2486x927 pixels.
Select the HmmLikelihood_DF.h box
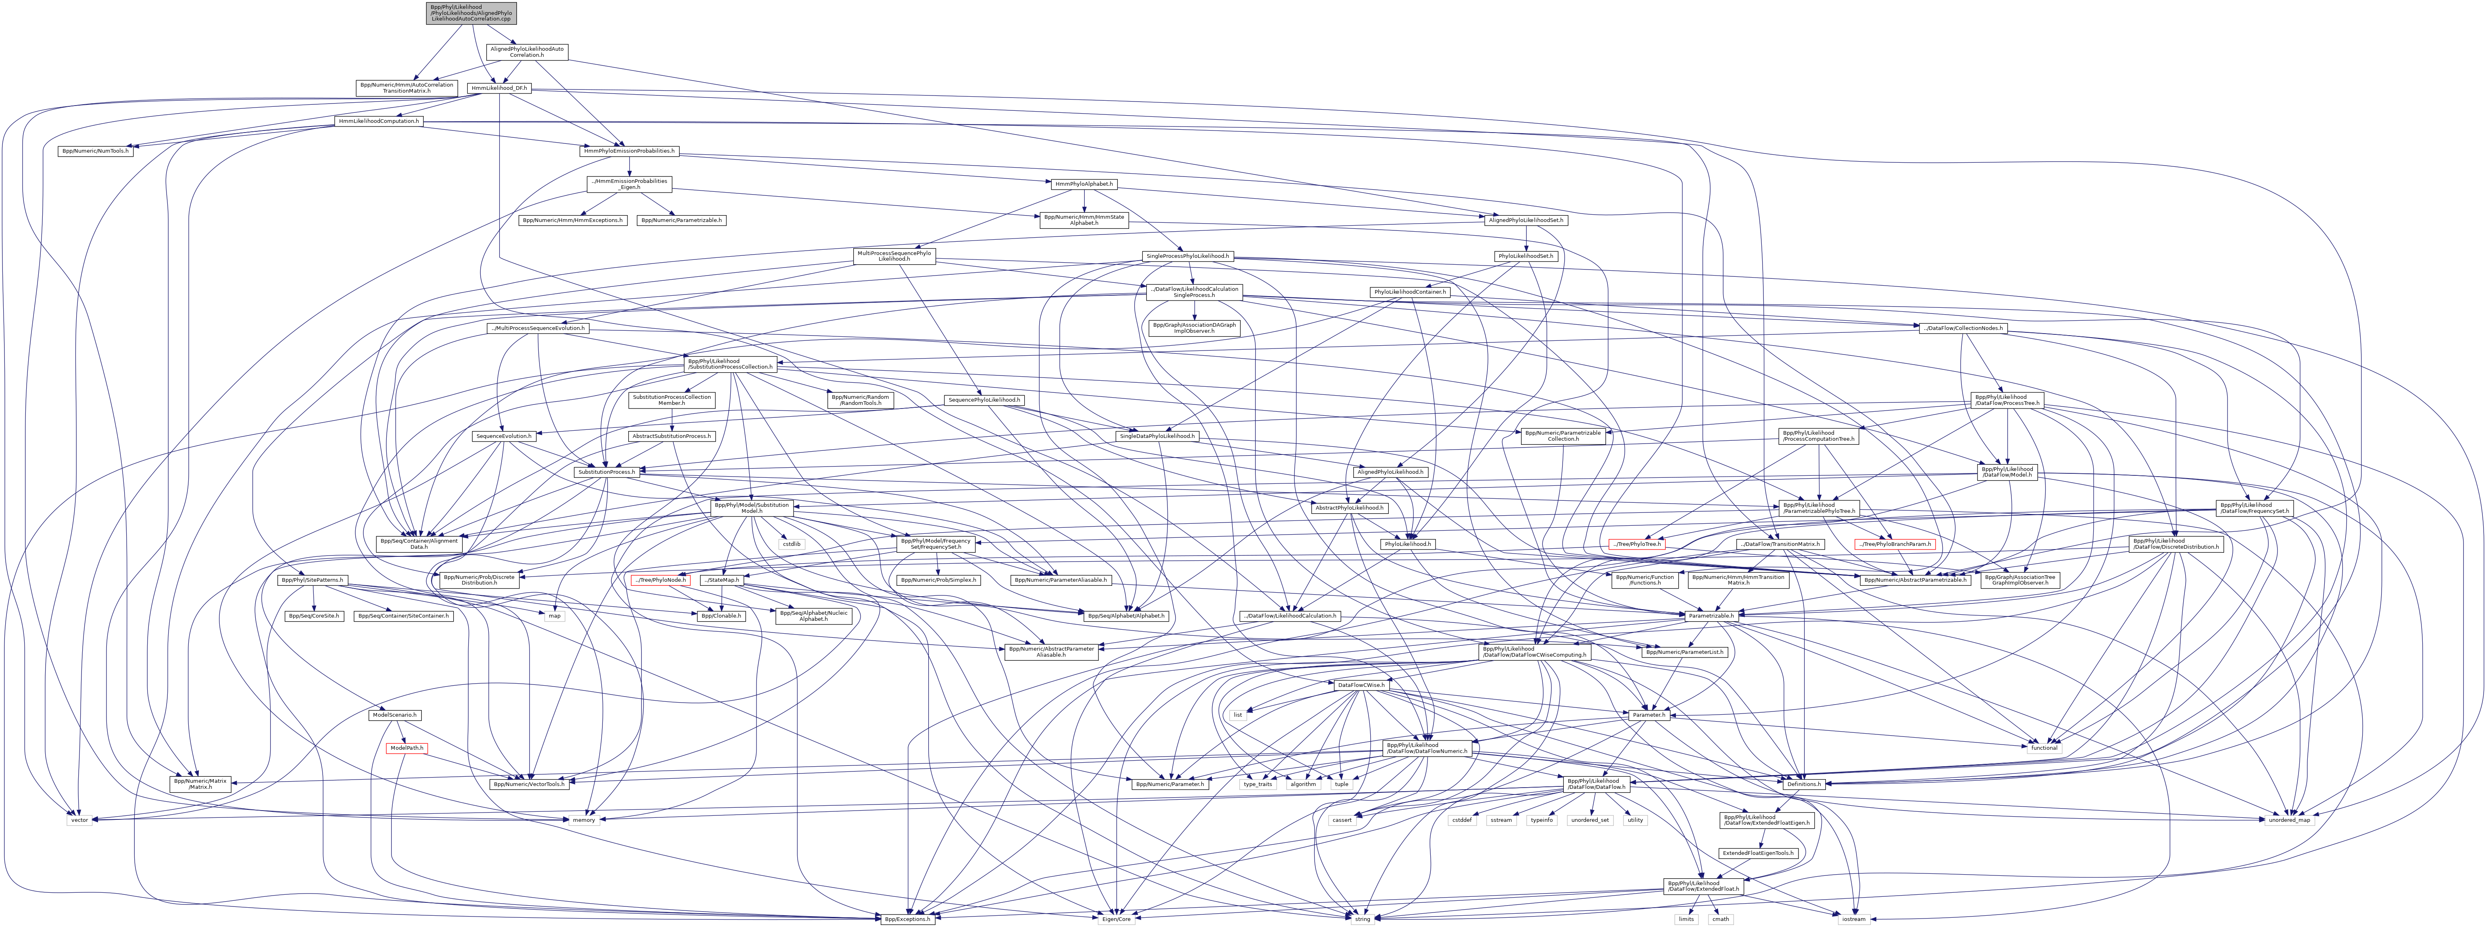click(498, 88)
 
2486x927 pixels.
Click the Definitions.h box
click(1801, 784)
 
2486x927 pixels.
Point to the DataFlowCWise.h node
click(1361, 685)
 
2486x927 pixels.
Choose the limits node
click(1685, 919)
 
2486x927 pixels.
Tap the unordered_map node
click(2289, 820)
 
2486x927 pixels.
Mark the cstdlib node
click(791, 544)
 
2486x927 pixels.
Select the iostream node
click(1853, 919)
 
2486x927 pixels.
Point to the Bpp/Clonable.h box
click(722, 616)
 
